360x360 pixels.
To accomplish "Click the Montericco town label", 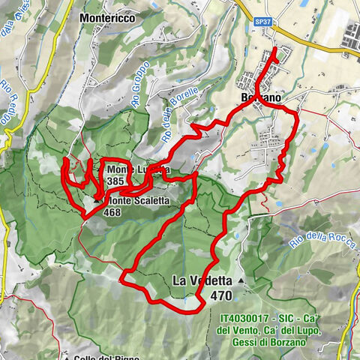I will [x=112, y=16].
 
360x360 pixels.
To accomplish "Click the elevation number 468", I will [x=112, y=212].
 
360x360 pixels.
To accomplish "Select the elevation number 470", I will [x=221, y=295].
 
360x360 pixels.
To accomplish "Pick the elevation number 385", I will [x=115, y=181].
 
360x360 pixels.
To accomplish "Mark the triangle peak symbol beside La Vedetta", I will [x=241, y=280].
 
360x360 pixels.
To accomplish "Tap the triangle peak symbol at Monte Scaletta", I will [x=100, y=200].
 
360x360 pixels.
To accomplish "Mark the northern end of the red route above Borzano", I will [x=274, y=49].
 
